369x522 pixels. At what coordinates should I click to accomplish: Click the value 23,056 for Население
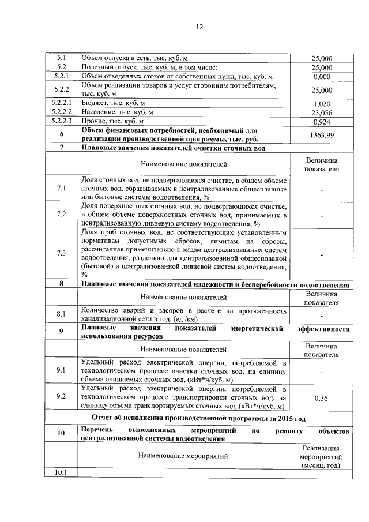(x=322, y=112)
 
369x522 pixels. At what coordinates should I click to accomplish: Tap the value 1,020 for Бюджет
(x=322, y=103)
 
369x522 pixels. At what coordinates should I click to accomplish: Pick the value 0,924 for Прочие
(x=322, y=122)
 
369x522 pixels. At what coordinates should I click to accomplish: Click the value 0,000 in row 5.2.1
(x=322, y=77)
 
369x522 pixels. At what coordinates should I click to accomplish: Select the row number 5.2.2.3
(x=61, y=122)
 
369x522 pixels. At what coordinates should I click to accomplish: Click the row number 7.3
(x=61, y=254)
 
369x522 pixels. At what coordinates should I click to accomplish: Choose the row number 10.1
(x=61, y=473)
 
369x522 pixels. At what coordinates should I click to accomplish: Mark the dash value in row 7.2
(x=322, y=215)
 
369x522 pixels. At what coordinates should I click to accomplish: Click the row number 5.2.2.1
(x=61, y=103)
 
